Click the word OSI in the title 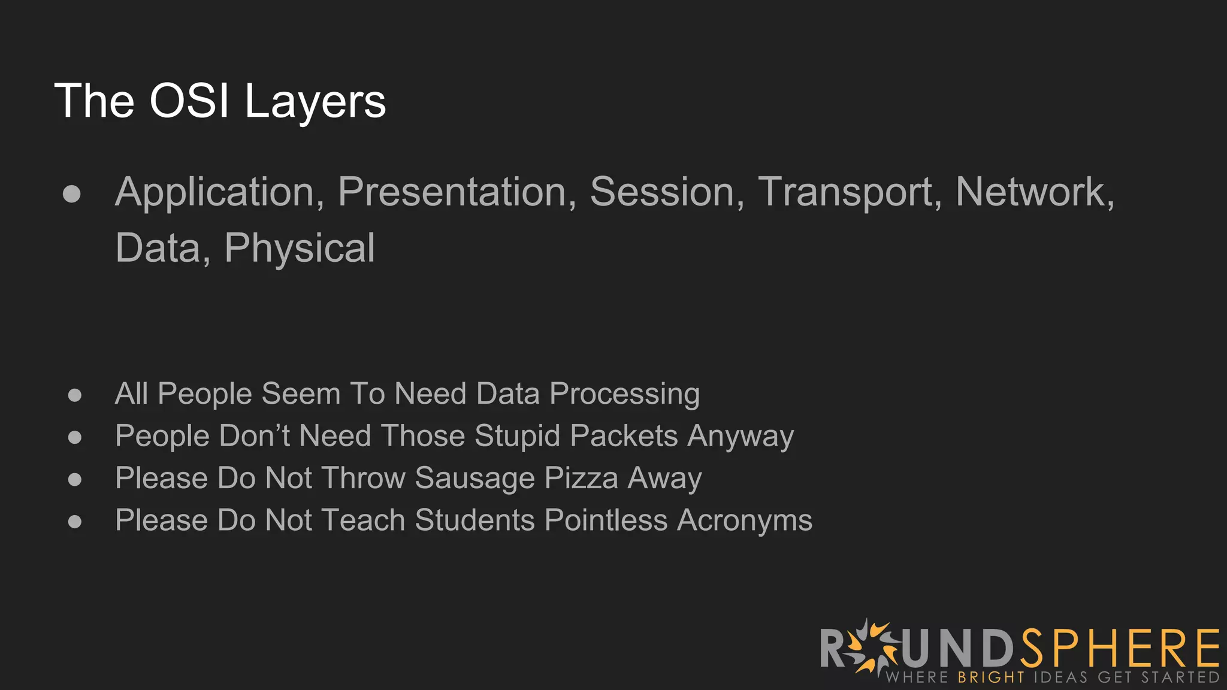(x=189, y=101)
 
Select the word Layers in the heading (x=315, y=102)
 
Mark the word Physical (x=300, y=249)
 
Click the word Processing (x=624, y=395)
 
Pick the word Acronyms (x=745, y=520)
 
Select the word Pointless (x=606, y=520)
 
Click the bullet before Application (x=72, y=193)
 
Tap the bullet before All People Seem (x=75, y=395)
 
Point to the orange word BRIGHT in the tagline (x=991, y=677)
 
